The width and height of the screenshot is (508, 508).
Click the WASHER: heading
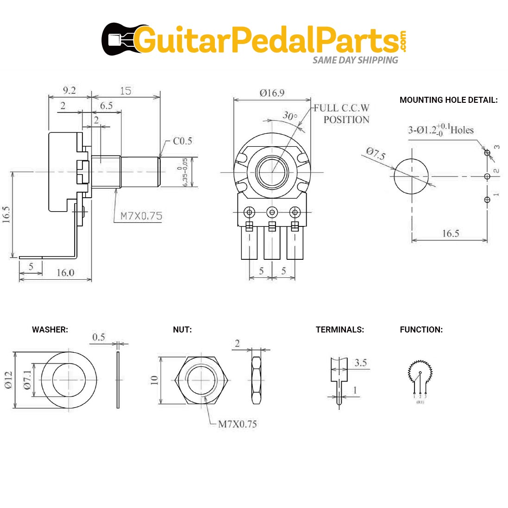pos(50,330)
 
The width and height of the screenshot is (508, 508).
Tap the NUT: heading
pos(182,330)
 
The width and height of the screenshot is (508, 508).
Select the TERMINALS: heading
pos(339,330)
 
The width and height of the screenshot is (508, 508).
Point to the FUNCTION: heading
pos(421,330)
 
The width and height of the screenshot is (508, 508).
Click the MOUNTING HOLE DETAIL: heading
pos(448,100)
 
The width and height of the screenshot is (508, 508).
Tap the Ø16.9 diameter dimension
pos(272,93)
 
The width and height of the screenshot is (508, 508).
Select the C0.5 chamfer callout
pos(182,141)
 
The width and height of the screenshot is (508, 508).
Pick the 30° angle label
pos(290,115)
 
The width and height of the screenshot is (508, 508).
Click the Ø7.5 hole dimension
pos(376,153)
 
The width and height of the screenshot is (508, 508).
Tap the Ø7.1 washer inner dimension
pos(27,380)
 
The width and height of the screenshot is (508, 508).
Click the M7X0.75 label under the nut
pos(237,424)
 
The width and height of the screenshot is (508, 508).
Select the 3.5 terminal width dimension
pos(360,363)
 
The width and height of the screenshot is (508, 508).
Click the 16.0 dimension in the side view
pos(65,272)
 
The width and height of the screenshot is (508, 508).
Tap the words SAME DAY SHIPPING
pos(355,60)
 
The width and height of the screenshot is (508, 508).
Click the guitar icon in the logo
pos(118,39)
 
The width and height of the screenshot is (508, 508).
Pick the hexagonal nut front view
pos(201,380)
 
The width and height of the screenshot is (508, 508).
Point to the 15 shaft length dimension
pos(125,91)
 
